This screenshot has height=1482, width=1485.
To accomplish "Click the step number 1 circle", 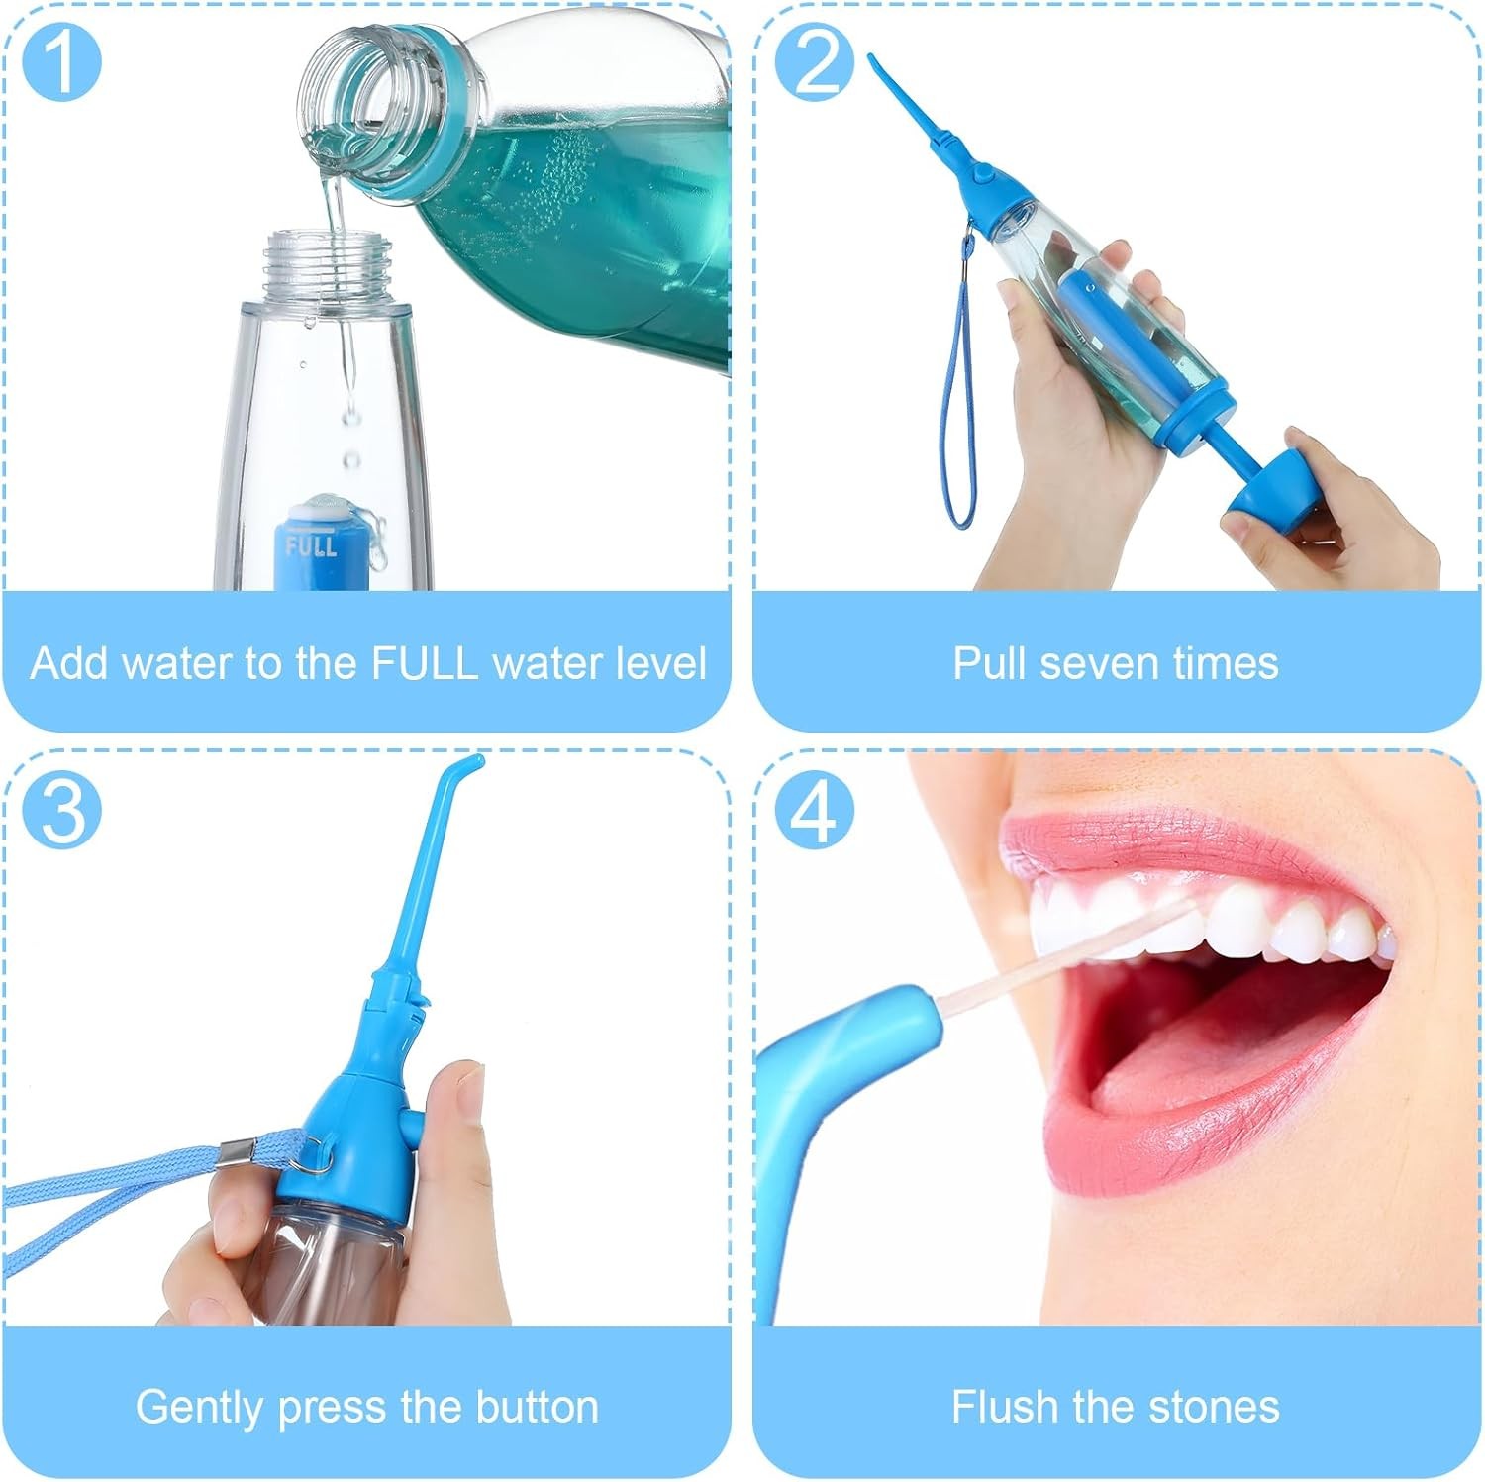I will pyautogui.click(x=61, y=60).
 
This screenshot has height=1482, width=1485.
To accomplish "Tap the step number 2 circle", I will pyautogui.click(x=814, y=60).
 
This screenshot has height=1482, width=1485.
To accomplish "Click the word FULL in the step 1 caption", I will pyautogui.click(x=425, y=663).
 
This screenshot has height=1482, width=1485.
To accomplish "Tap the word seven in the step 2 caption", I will pyautogui.click(x=1095, y=663).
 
